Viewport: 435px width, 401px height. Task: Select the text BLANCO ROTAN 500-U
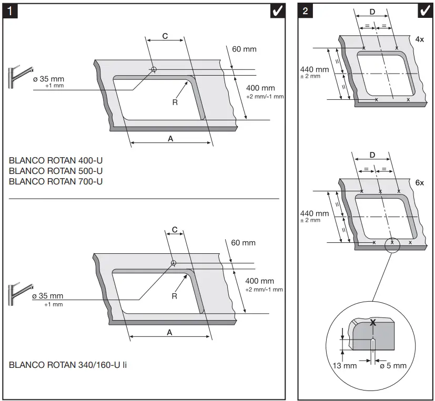[56, 171]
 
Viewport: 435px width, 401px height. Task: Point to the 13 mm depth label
[343, 365]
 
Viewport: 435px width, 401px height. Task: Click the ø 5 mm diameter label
[393, 365]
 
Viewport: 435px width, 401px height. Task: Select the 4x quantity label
[419, 39]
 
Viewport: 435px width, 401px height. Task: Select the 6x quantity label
[419, 182]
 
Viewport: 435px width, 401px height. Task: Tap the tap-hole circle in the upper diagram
[154, 69]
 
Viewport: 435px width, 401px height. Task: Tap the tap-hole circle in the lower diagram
[173, 263]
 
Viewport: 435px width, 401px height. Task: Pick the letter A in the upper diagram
[170, 138]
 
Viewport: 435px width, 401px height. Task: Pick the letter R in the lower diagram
[174, 296]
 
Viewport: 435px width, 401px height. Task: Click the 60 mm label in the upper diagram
[244, 49]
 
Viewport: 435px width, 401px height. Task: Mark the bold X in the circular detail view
[373, 323]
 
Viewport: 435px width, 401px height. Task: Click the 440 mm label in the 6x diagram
[314, 214]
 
